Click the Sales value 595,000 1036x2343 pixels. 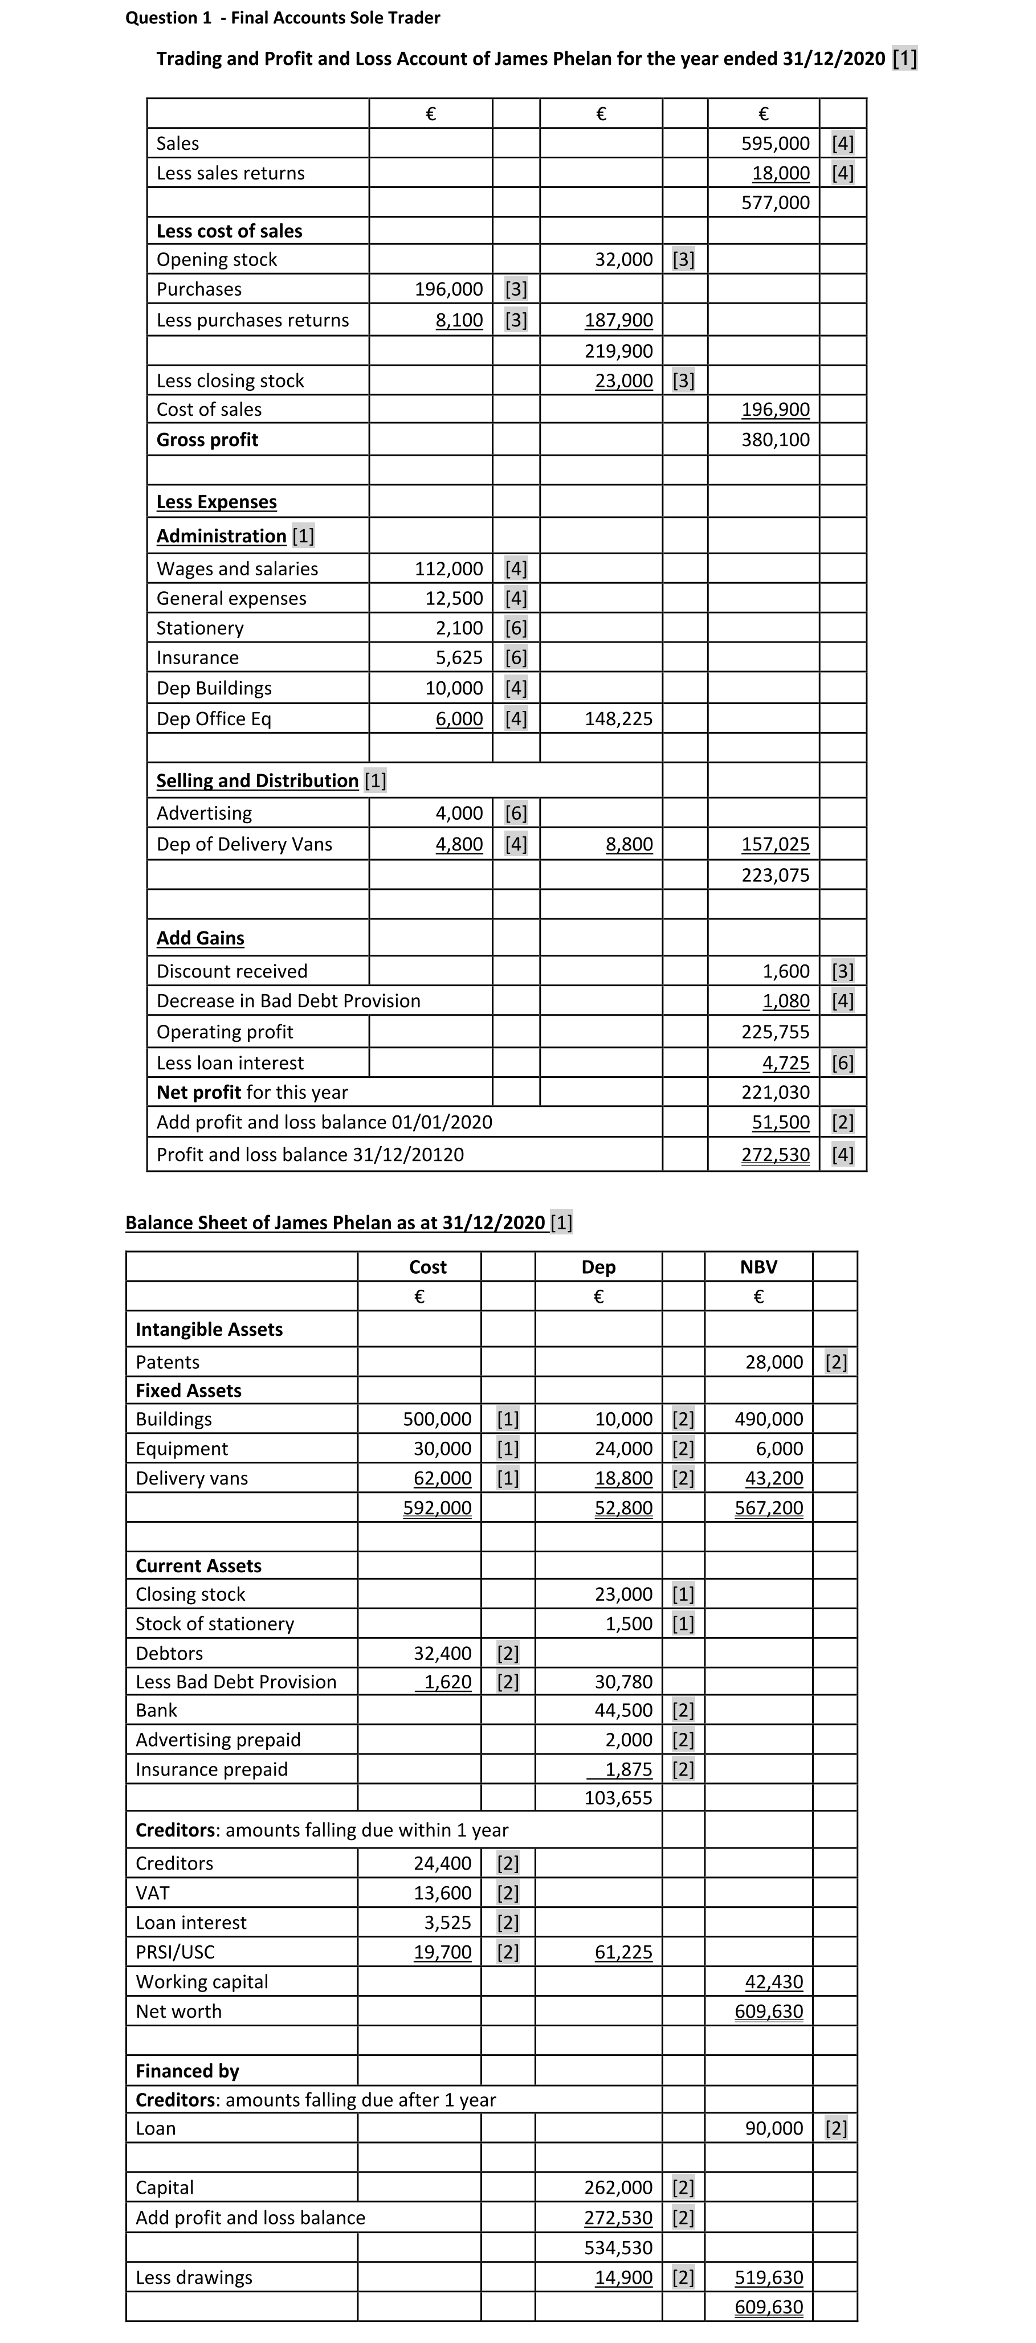(x=775, y=144)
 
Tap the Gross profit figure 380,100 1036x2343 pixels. (x=775, y=440)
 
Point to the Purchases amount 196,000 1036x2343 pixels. (x=448, y=289)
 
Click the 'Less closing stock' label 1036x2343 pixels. (x=230, y=381)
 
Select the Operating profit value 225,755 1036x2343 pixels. (x=775, y=1032)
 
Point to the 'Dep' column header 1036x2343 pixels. (x=598, y=1267)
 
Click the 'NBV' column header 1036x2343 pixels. (x=758, y=1267)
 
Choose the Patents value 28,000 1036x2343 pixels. (x=774, y=1363)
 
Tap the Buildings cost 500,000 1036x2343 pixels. (x=438, y=1420)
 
